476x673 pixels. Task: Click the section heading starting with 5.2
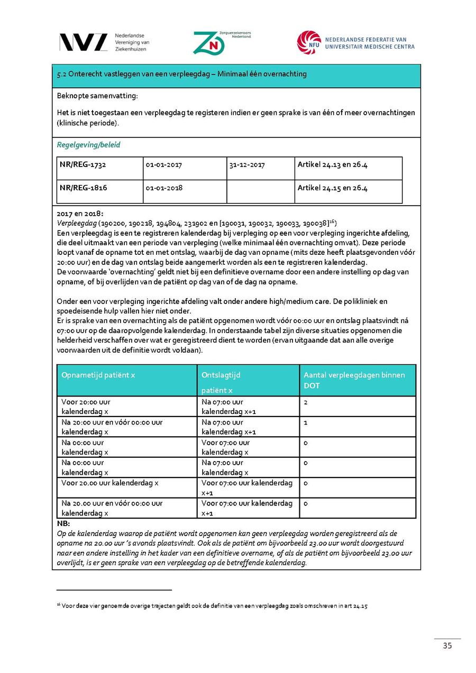pos(181,74)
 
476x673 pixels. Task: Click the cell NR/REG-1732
pos(83,165)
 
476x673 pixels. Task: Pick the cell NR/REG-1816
pos(83,188)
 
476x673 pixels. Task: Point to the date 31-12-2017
pos(247,165)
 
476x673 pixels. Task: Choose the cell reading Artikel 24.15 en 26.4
pos(332,188)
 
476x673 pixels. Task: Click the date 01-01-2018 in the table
pos(164,188)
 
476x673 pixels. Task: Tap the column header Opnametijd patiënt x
pos(98,375)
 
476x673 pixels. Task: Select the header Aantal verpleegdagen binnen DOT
pos(354,380)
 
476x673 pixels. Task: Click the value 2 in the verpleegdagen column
pos(306,402)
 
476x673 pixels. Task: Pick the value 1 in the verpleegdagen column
pos(306,422)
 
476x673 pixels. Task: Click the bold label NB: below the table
pos(63,523)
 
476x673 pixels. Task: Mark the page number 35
pos(447,646)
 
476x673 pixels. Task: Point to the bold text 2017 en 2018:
pos(80,214)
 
